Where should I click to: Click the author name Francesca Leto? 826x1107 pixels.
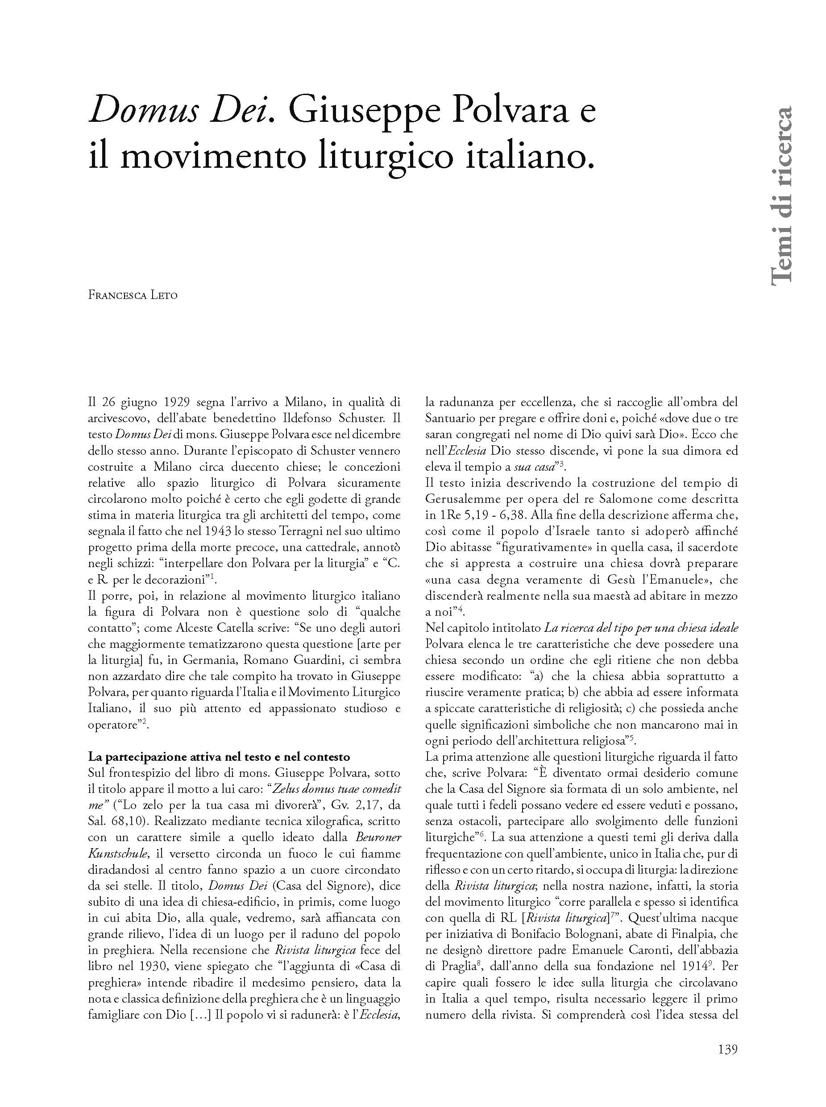[x=133, y=295]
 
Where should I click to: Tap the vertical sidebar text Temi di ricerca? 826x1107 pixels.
[x=780, y=195]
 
